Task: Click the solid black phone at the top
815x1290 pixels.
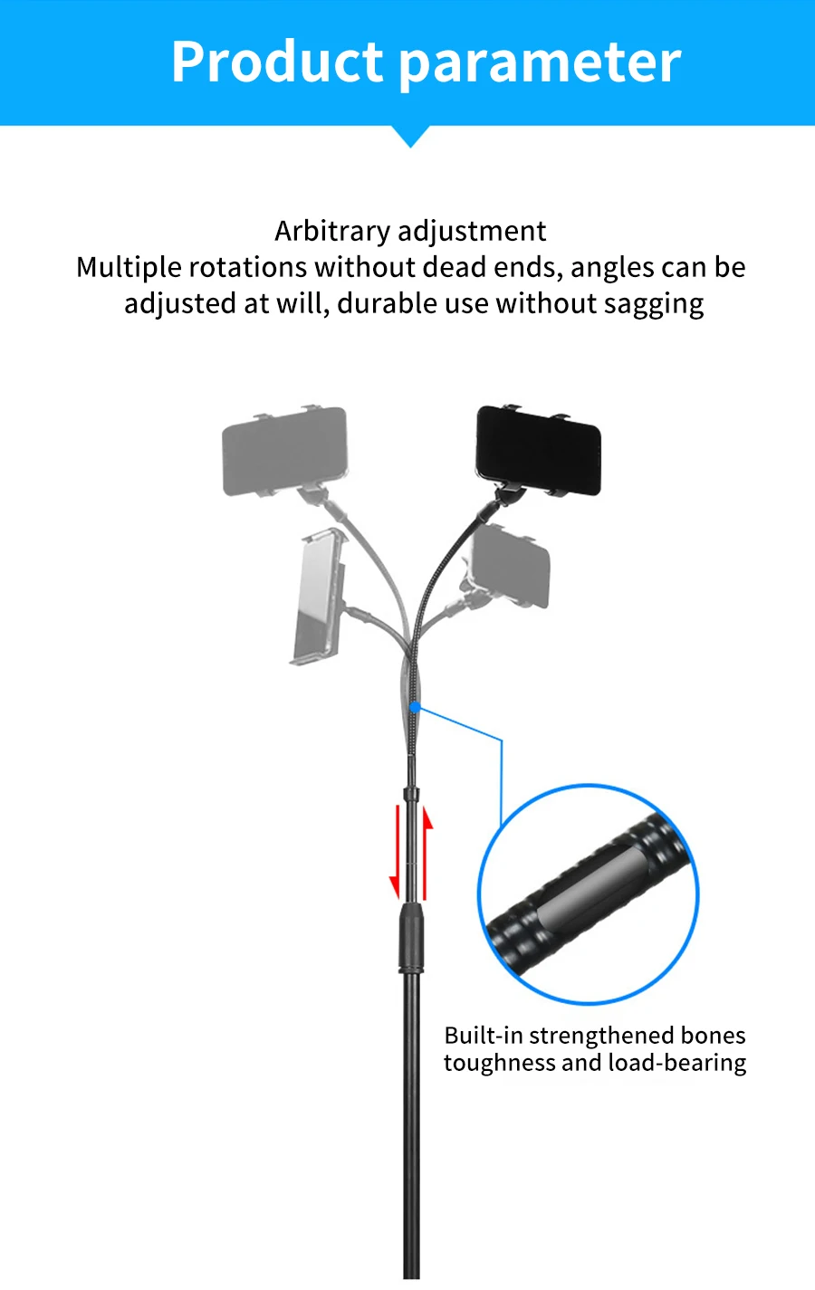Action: [538, 450]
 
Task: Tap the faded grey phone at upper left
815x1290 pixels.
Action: [284, 452]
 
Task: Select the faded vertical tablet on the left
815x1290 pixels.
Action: [316, 597]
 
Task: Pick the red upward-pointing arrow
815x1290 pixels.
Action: [427, 851]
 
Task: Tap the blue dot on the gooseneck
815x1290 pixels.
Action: [414, 706]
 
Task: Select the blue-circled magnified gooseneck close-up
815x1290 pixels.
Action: [589, 894]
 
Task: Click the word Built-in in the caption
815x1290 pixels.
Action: [484, 1036]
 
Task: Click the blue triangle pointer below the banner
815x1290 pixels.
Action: [411, 137]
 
